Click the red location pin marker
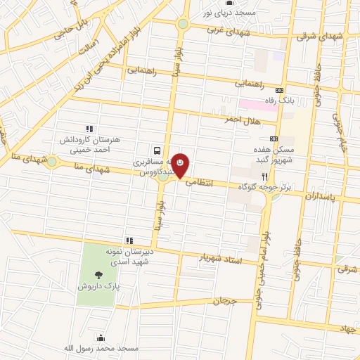181,165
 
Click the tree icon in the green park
96,276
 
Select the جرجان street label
222,301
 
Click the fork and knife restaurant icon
264,176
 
